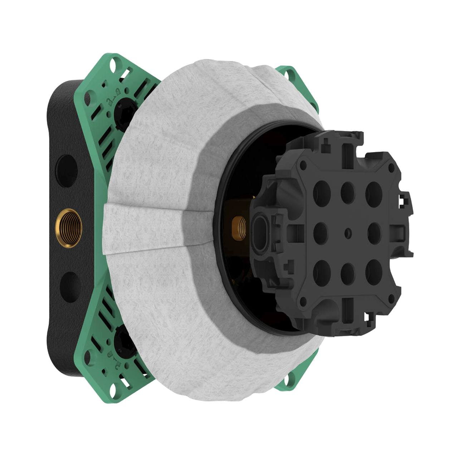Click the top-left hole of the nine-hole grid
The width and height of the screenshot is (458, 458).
pyautogui.click(x=322, y=191)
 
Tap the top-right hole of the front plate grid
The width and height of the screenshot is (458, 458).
pyautogui.click(x=373, y=191)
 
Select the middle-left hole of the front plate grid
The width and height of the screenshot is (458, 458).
pyautogui.click(x=321, y=232)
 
